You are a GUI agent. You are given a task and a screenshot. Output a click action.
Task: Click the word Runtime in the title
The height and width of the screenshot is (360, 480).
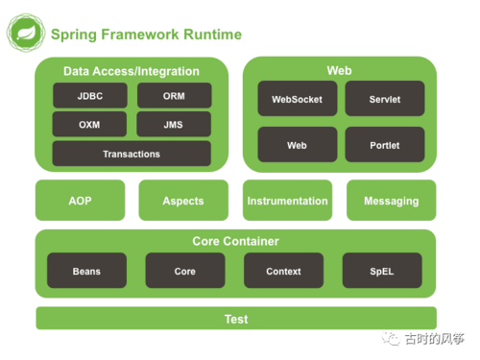tap(208, 36)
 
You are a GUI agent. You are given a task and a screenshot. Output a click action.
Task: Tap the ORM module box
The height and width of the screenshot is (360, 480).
tap(174, 96)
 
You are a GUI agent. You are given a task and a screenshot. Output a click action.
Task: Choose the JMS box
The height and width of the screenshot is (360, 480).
tap(174, 125)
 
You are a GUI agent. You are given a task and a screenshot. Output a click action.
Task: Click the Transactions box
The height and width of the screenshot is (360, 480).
tap(132, 154)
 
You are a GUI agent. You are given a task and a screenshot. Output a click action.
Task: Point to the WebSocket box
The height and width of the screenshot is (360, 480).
tap(298, 99)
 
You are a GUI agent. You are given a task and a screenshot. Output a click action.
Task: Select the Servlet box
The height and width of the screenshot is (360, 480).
tap(385, 99)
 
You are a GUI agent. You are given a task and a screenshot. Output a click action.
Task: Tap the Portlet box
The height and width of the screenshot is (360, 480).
tap(385, 145)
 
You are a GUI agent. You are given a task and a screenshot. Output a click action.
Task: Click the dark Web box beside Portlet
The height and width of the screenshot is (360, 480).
tap(298, 145)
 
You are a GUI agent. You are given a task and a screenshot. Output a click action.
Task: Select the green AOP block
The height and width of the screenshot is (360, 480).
tap(80, 201)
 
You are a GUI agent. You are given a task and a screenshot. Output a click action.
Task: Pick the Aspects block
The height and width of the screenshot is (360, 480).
tap(183, 201)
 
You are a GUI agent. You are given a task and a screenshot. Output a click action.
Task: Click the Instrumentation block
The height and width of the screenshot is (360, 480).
tap(287, 201)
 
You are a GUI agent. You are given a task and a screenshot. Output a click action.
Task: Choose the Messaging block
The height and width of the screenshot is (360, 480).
tap(391, 201)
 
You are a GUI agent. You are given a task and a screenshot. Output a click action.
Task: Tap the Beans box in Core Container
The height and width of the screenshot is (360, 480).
tap(86, 272)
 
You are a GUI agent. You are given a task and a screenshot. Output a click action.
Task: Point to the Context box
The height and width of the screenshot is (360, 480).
tap(283, 272)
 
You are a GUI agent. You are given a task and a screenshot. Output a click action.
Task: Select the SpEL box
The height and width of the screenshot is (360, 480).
tap(382, 272)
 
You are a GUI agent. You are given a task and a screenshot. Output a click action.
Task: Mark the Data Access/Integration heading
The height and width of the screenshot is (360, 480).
tap(132, 71)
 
